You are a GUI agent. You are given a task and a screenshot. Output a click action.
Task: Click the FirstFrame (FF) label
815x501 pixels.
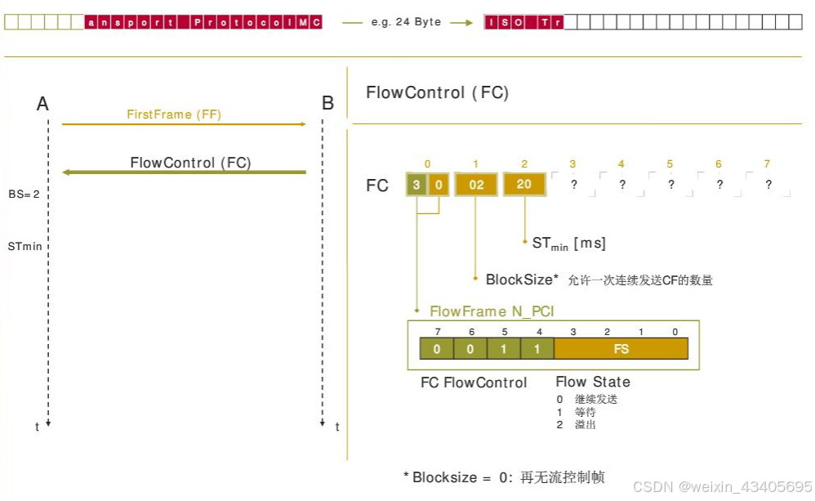tap(174, 114)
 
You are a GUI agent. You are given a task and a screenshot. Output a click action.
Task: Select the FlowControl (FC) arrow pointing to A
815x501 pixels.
tap(185, 172)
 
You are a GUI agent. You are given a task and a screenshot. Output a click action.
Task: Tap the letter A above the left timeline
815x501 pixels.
tap(43, 104)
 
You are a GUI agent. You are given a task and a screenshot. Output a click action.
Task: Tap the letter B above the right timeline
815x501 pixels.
tap(327, 104)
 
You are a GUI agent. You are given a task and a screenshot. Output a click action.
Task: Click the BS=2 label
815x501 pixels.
tap(24, 194)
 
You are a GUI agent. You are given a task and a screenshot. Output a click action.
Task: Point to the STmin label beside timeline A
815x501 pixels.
tap(25, 245)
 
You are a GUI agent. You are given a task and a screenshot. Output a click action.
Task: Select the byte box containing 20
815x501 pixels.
tap(524, 185)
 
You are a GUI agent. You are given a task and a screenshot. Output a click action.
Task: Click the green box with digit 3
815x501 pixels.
tap(416, 185)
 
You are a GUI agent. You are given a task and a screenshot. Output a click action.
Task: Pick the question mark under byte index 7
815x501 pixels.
tap(768, 185)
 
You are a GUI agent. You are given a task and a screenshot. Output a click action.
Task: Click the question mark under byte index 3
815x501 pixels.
tap(573, 185)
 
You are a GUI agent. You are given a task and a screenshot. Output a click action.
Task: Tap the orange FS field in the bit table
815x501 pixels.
tap(621, 349)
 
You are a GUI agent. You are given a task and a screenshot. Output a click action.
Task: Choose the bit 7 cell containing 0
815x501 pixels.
tap(437, 349)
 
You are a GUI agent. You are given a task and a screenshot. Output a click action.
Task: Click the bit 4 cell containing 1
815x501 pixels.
tap(537, 349)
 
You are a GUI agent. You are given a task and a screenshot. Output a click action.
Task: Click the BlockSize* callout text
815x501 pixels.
tap(522, 280)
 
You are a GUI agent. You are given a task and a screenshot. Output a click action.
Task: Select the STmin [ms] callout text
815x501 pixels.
tap(568, 243)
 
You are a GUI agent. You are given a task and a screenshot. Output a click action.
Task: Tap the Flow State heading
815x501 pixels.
tap(593, 382)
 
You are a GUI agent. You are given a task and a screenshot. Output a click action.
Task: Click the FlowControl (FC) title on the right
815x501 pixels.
tap(437, 92)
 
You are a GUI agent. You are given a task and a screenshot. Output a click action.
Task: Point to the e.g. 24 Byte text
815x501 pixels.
tap(406, 22)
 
